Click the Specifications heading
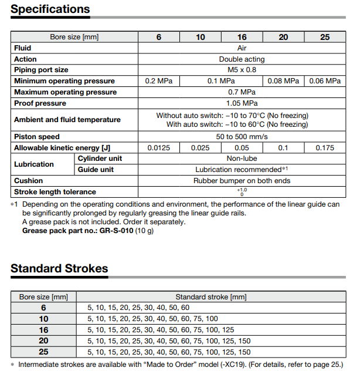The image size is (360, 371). click(x=50, y=9)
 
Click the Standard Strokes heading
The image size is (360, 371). click(x=59, y=269)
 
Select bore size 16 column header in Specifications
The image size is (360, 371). click(x=242, y=37)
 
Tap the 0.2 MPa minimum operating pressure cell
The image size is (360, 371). click(x=158, y=81)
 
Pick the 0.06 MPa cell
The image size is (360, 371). click(x=325, y=81)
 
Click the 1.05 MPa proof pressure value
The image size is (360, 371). click(x=242, y=103)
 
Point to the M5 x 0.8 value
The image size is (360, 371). click(x=242, y=70)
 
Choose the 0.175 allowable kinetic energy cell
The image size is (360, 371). click(x=325, y=148)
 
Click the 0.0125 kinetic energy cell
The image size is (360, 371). click(x=158, y=148)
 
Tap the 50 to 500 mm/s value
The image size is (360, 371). click(x=242, y=137)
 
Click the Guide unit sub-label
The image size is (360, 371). click(x=96, y=170)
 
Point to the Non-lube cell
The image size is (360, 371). click(x=242, y=158)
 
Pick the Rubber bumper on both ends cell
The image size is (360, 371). click(x=242, y=181)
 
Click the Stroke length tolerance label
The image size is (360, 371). click(x=55, y=192)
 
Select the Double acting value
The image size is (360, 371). click(x=242, y=59)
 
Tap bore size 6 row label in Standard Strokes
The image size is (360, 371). click(x=43, y=308)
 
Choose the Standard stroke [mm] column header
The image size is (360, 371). click(x=211, y=297)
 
